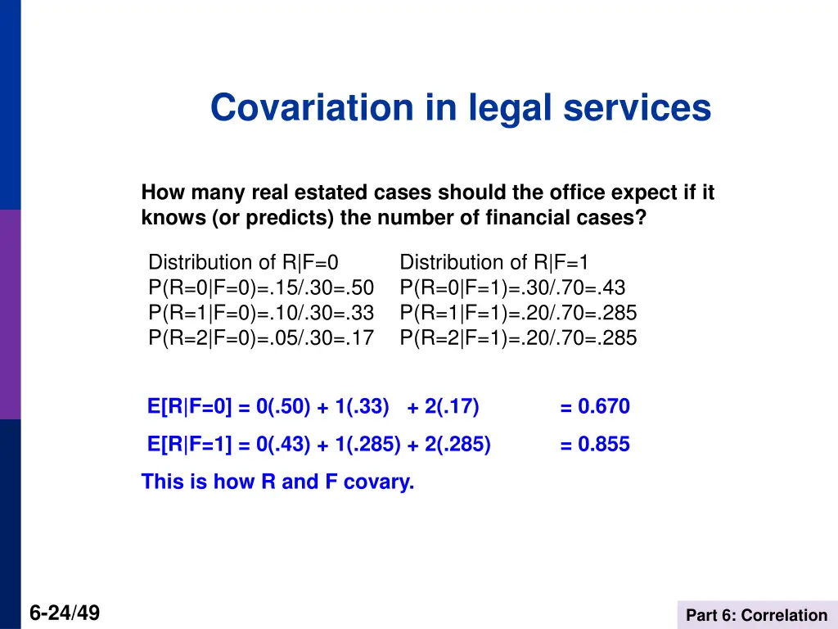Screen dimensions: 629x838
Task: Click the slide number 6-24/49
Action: pyautogui.click(x=65, y=613)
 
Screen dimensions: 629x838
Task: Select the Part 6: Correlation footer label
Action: pyautogui.click(x=757, y=615)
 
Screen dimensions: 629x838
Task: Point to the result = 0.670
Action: pyautogui.click(x=595, y=407)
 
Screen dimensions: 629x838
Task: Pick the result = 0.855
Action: pyautogui.click(x=595, y=445)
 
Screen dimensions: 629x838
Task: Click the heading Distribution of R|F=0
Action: pyautogui.click(x=244, y=263)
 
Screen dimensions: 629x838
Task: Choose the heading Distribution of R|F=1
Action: pyautogui.click(x=494, y=263)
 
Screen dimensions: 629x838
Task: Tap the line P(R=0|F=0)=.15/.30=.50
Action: pyautogui.click(x=261, y=288)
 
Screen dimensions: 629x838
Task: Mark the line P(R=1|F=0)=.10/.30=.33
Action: pyautogui.click(x=261, y=313)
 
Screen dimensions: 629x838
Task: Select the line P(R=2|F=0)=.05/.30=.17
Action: pyautogui.click(x=261, y=337)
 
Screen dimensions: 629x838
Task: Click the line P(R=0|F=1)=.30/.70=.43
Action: pyautogui.click(x=513, y=288)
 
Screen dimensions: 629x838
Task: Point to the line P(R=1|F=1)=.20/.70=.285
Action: pyautogui.click(x=518, y=313)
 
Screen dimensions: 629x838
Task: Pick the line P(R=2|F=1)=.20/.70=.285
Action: pyautogui.click(x=518, y=337)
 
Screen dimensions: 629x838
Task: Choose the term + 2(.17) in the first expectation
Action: pyautogui.click(x=443, y=407)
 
